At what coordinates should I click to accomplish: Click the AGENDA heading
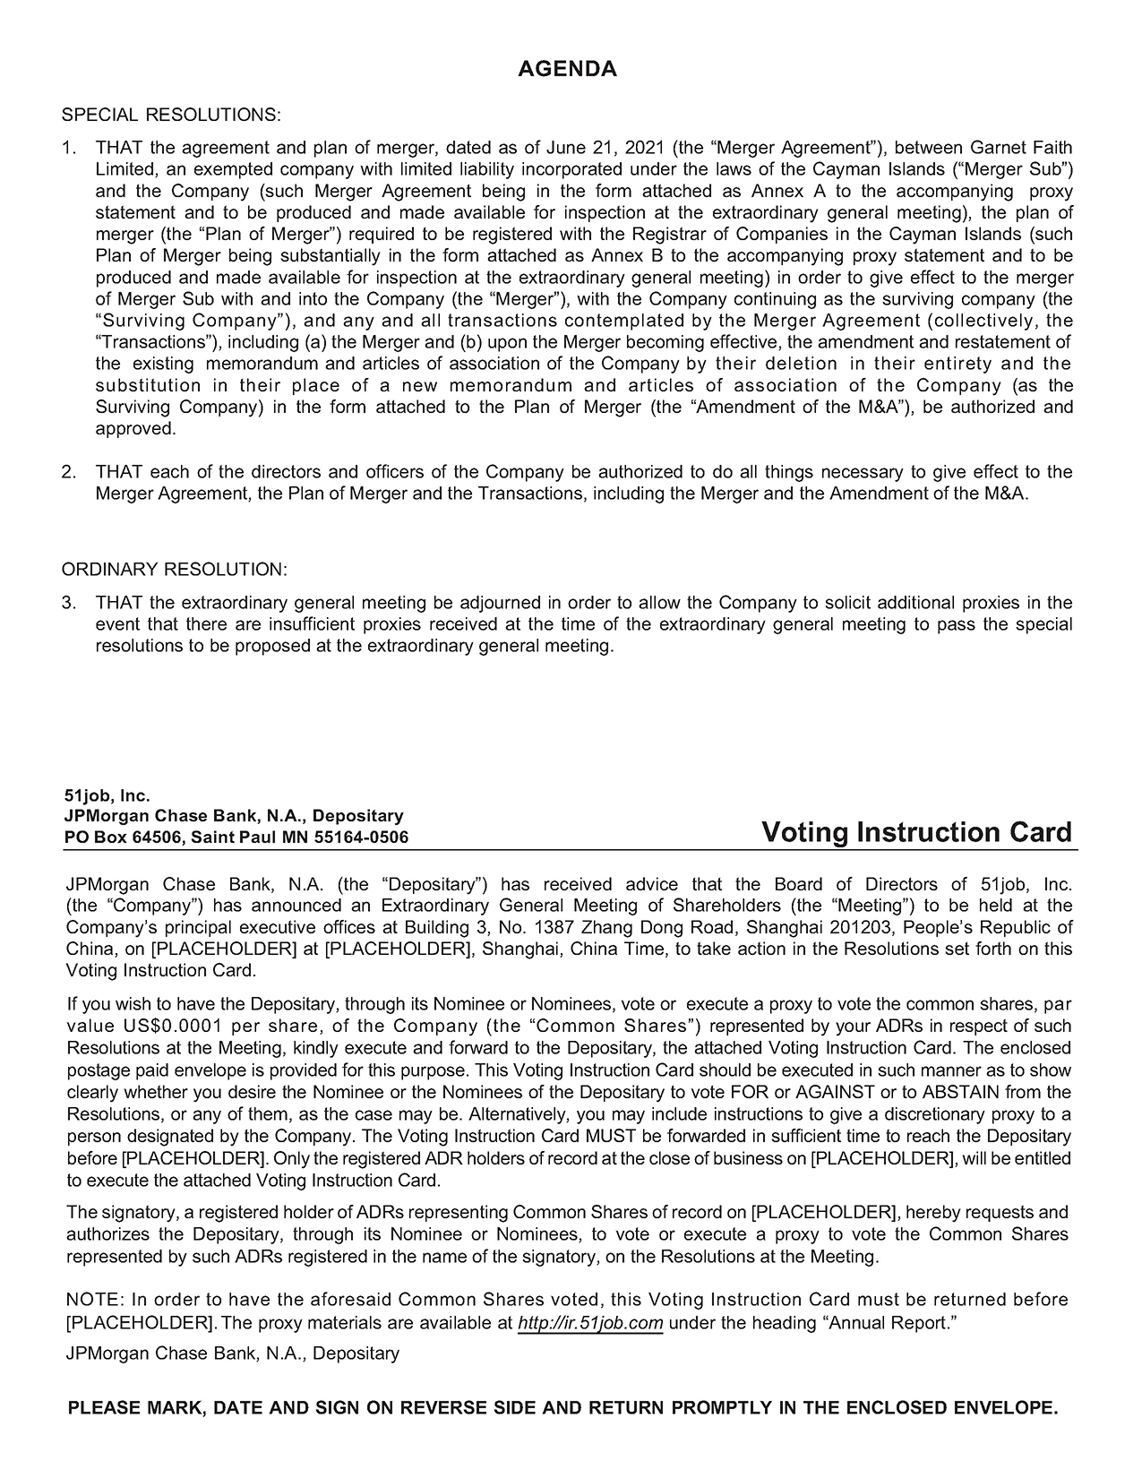tap(568, 69)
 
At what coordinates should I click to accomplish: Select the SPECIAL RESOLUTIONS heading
tap(171, 116)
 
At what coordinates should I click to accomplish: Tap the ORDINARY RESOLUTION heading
tap(175, 570)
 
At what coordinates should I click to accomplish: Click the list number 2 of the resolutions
tap(68, 472)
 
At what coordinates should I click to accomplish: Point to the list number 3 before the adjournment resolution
tap(68, 603)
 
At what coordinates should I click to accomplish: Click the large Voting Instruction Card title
tap(916, 832)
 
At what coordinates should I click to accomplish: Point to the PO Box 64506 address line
tap(236, 838)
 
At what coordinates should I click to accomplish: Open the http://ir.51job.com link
tap(590, 1323)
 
